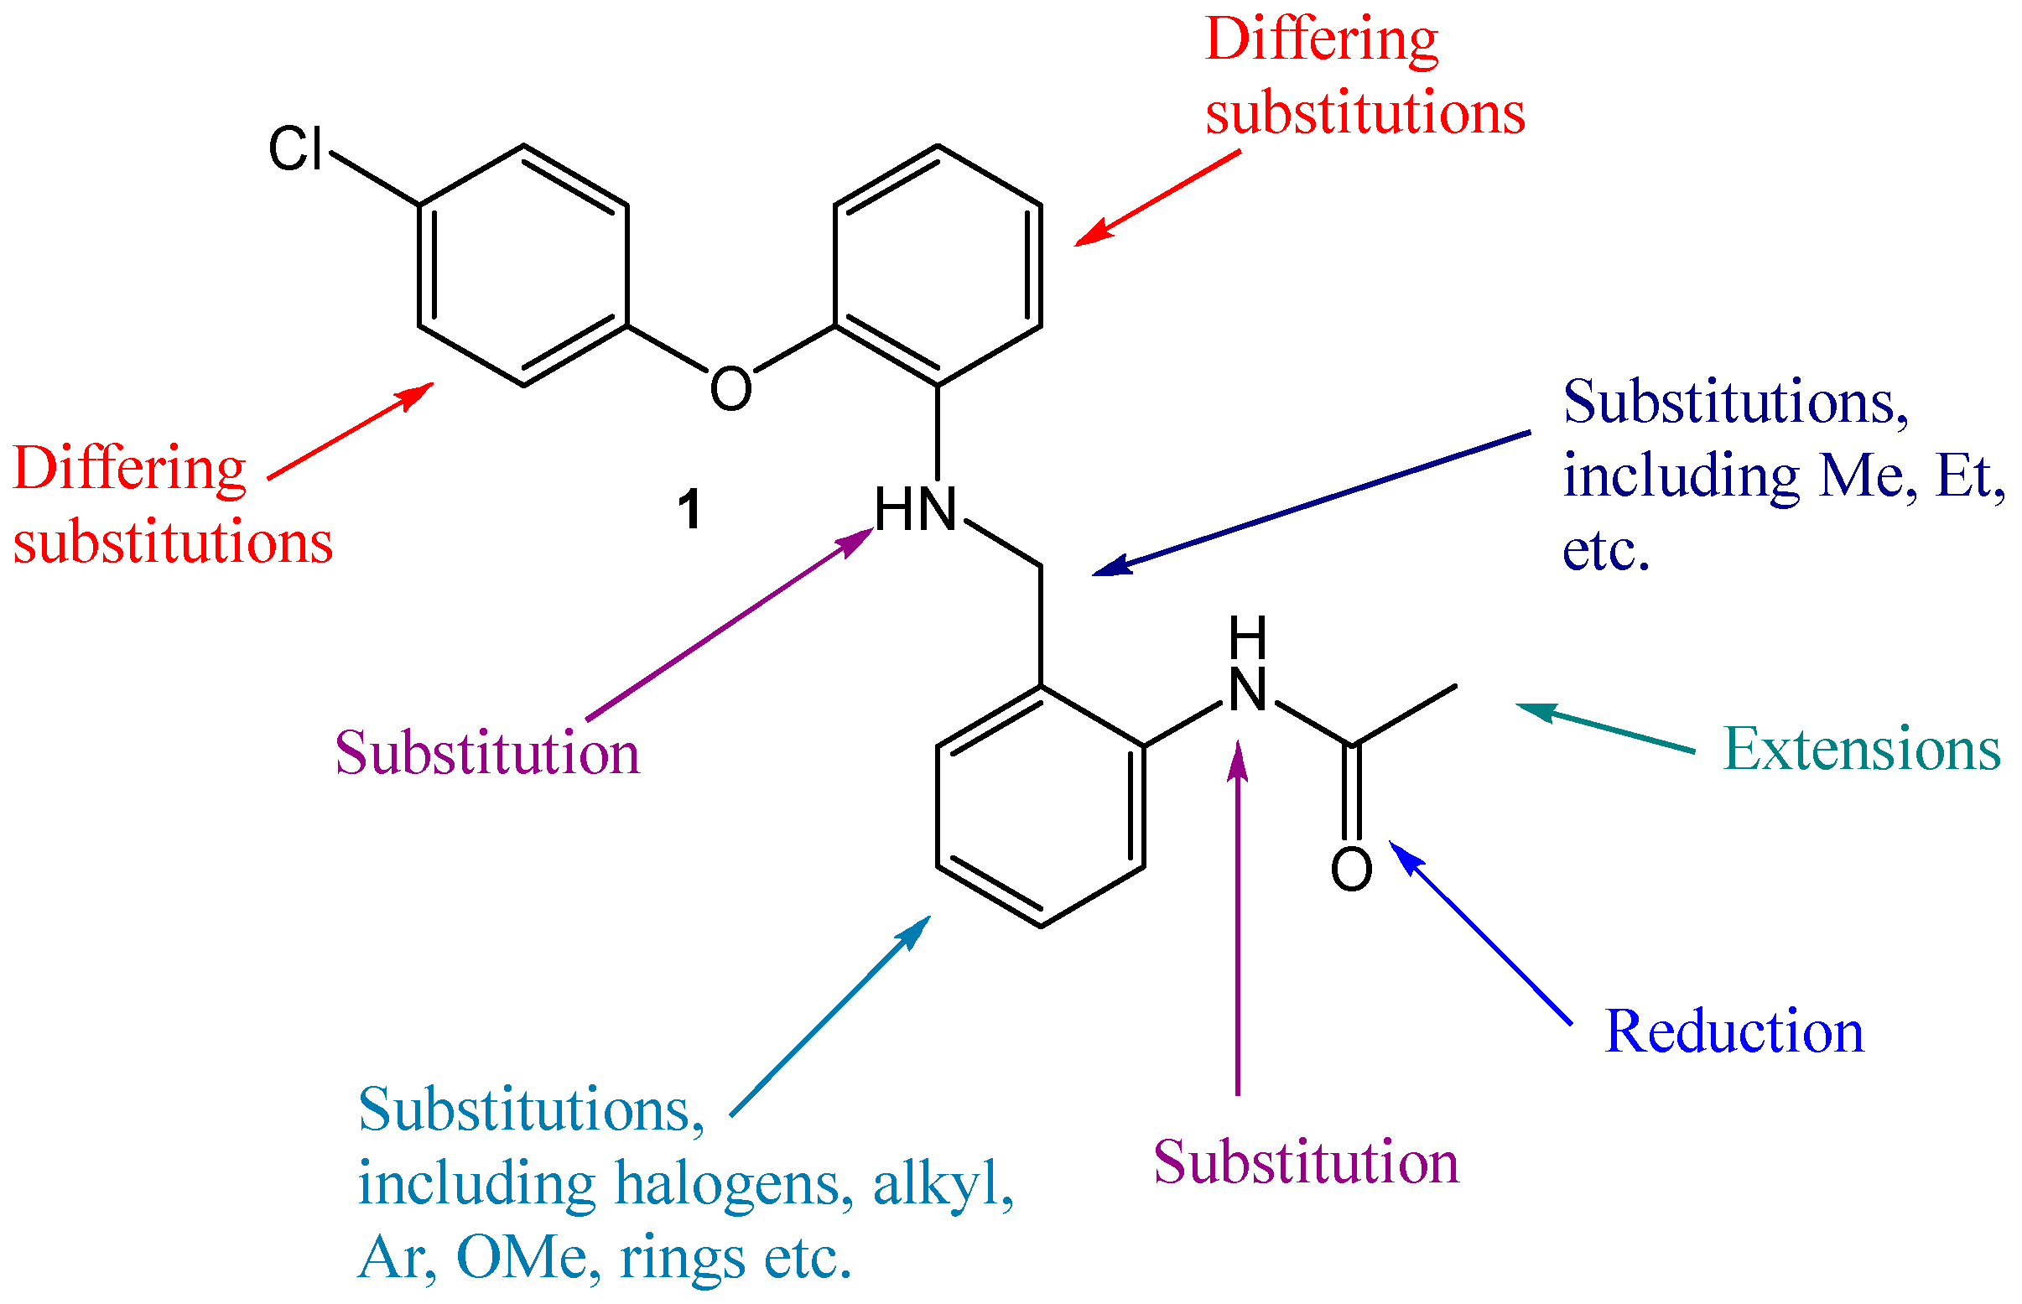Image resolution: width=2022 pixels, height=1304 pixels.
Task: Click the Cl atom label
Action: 295,149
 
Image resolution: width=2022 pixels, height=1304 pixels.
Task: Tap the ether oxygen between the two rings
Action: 730,388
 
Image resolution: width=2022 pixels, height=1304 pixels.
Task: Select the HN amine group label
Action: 914,510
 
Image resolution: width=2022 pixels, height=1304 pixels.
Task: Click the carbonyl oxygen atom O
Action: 1350,870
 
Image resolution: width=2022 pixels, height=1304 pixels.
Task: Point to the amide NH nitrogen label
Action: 1247,690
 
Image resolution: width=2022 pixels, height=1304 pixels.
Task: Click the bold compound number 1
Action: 689,510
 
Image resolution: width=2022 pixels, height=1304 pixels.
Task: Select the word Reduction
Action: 1734,1031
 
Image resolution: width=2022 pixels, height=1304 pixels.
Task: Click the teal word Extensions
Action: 1861,750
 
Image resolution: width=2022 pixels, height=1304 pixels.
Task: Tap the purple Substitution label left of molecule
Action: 487,753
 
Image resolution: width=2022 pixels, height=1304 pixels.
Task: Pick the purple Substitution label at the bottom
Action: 1306,1161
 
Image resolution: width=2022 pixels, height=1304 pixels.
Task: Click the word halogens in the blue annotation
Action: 733,1183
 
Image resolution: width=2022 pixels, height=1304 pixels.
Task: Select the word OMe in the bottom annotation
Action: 522,1256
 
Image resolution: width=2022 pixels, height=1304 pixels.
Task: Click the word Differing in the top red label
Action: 1321,39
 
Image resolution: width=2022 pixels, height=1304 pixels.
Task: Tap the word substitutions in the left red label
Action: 173,542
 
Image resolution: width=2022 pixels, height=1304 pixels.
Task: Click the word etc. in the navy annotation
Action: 1605,550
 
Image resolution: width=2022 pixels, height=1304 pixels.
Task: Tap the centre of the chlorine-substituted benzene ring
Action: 522,265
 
